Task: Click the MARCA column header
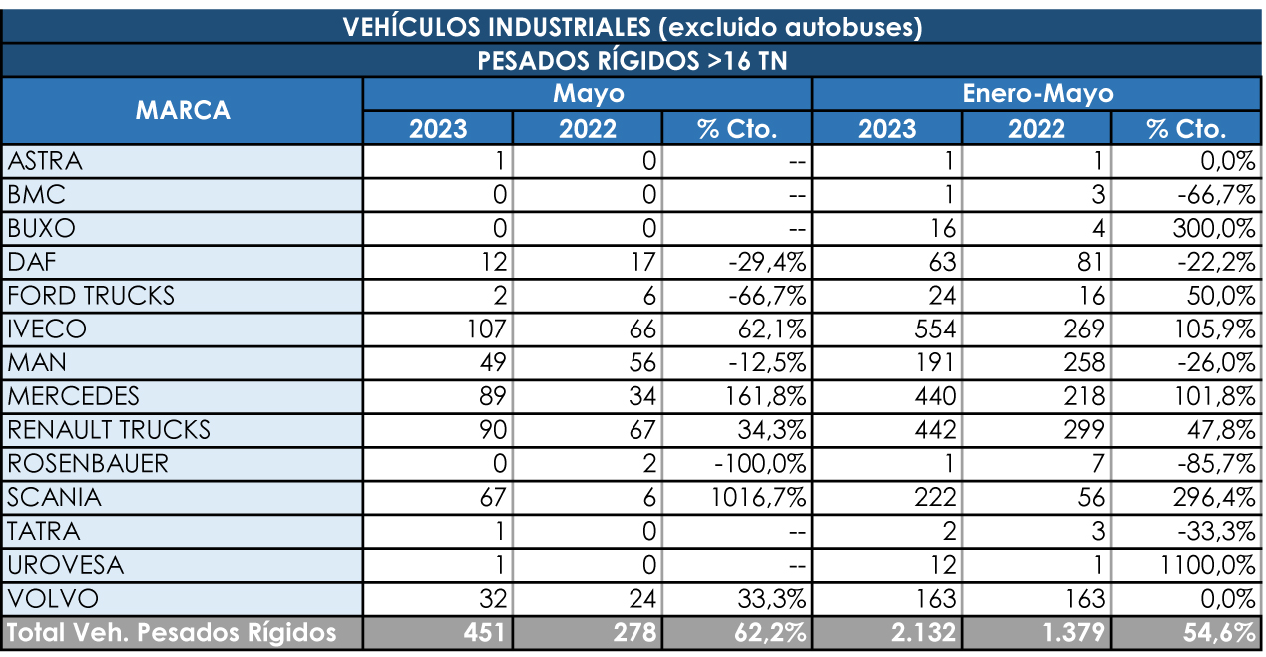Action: coord(183,111)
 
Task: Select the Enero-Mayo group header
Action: coord(1037,94)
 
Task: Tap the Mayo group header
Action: coord(588,94)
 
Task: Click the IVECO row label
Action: coord(47,329)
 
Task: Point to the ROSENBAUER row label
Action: coord(88,464)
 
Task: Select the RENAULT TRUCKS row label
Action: coord(109,430)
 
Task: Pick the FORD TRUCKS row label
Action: coord(91,296)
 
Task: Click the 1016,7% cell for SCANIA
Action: coord(758,498)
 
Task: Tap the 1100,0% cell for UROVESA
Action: coord(1207,565)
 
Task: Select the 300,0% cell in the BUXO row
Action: coord(1213,228)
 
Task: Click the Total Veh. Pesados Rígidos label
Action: coord(172,633)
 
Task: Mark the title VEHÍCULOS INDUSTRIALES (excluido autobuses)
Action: coord(633,27)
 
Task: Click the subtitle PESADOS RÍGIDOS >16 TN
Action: coord(633,60)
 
